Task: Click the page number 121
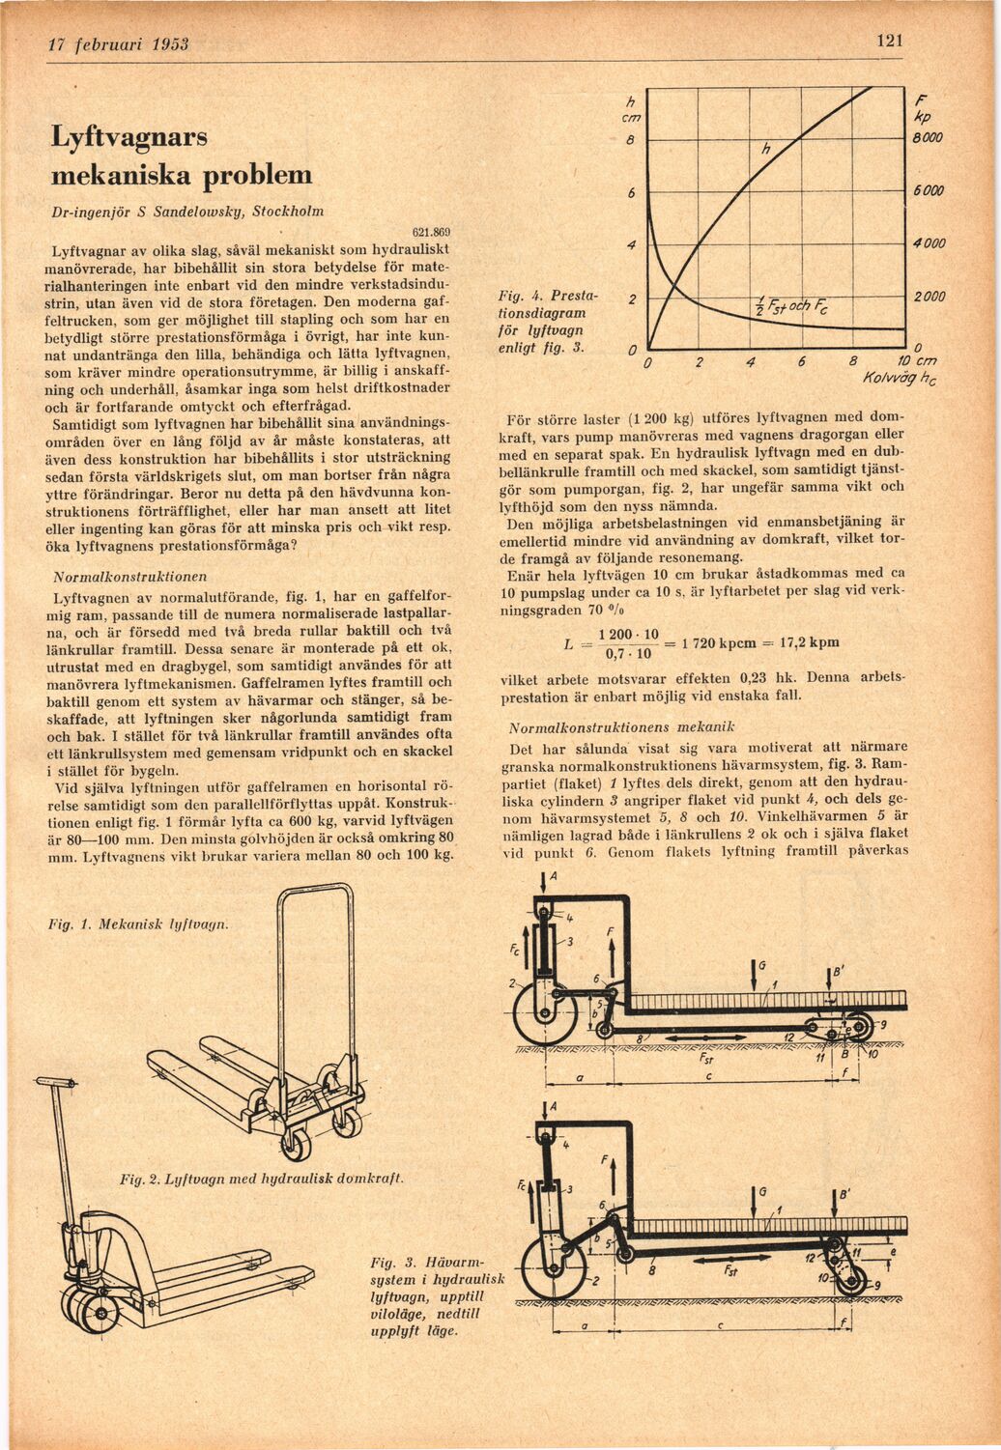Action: pyautogui.click(x=890, y=41)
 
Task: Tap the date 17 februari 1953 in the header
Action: pyautogui.click(x=119, y=44)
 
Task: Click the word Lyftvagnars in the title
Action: pyautogui.click(x=129, y=138)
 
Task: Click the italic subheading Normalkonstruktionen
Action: pyautogui.click(x=130, y=576)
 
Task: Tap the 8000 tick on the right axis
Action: pyautogui.click(x=928, y=138)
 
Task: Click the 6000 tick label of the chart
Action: pyautogui.click(x=929, y=191)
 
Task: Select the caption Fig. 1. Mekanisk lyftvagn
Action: pyautogui.click(x=139, y=924)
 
